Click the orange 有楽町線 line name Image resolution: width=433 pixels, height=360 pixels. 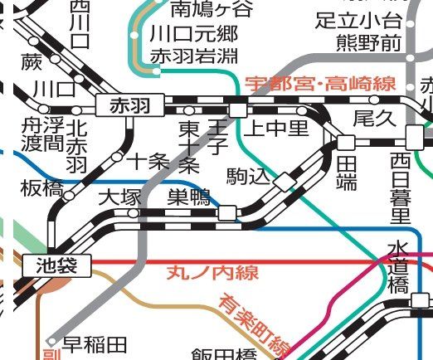(254, 326)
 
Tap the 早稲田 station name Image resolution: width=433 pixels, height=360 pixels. (95, 343)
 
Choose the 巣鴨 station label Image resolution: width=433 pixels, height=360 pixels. (189, 197)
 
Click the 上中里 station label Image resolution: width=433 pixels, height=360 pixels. (275, 128)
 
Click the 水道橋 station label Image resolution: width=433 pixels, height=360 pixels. (397, 267)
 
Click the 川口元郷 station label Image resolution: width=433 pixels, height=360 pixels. (194, 34)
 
